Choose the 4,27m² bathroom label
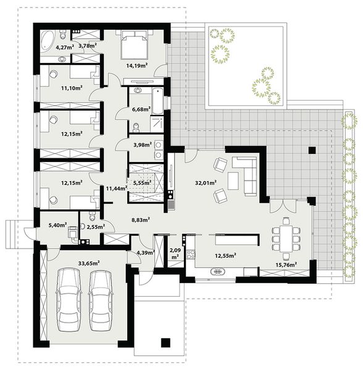[x=65, y=47]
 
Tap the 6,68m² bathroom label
[x=141, y=109]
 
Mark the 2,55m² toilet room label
[x=96, y=228]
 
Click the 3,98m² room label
[x=141, y=145]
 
